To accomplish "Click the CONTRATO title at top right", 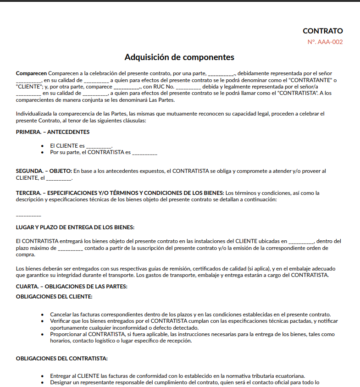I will click(x=322, y=31).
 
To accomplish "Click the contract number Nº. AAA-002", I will click(x=325, y=42).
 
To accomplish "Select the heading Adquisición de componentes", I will click(x=179, y=57).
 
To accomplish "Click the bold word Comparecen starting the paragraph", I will click(x=31, y=73).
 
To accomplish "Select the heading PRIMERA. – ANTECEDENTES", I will click(x=53, y=132).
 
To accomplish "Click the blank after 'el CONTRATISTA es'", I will click(x=145, y=152).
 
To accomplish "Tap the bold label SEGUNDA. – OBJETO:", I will click(x=44, y=171).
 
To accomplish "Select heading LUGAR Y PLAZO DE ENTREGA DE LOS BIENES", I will click(x=75, y=227).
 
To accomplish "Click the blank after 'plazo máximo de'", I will click(x=71, y=248).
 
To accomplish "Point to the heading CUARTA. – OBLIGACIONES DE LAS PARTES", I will click(x=72, y=287).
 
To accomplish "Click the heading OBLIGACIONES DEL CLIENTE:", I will click(x=54, y=297).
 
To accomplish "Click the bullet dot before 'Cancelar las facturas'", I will click(x=43, y=315).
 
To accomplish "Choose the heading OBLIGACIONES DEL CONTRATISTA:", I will click(x=62, y=358).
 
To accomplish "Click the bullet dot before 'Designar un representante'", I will click(x=43, y=382).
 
